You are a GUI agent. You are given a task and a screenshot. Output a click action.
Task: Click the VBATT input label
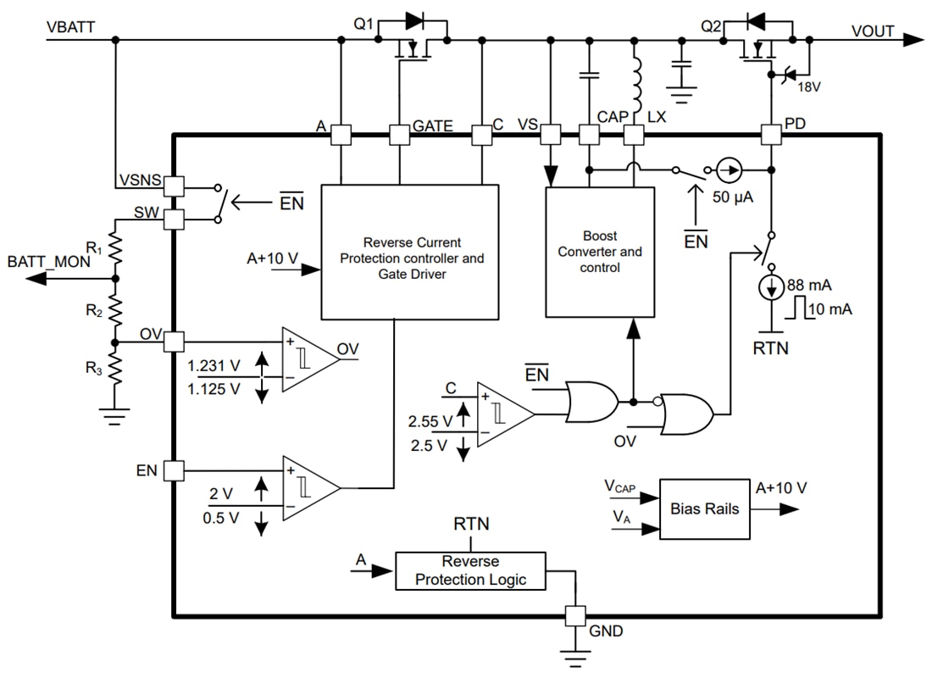click(72, 27)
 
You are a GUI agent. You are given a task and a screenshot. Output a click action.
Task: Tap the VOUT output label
click(873, 31)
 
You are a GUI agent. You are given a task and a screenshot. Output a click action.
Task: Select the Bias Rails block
click(704, 509)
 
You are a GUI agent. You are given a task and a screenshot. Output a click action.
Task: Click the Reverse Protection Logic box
click(470, 570)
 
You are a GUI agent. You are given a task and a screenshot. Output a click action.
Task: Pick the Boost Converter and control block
click(600, 252)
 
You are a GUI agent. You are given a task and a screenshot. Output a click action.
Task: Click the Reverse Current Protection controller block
click(409, 251)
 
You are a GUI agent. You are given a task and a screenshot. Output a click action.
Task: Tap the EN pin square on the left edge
click(174, 470)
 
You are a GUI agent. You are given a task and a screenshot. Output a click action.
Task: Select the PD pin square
click(770, 134)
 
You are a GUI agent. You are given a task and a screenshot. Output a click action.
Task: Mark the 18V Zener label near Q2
click(809, 86)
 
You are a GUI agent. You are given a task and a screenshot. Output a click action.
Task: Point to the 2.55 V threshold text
click(430, 420)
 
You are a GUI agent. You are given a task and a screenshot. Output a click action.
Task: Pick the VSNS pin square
click(174, 185)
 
